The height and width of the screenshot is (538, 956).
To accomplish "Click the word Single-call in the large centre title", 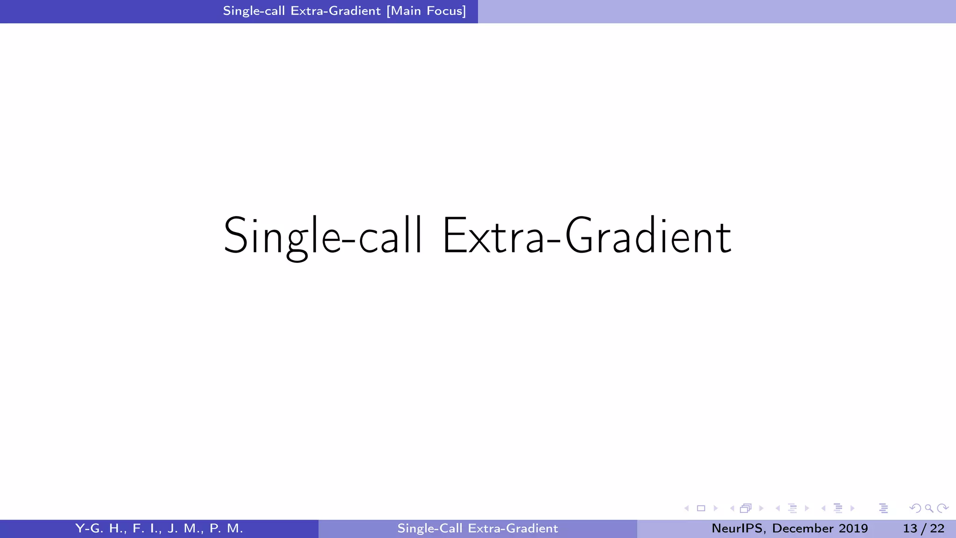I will point(323,236).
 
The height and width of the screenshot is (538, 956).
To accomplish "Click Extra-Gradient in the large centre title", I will point(586,236).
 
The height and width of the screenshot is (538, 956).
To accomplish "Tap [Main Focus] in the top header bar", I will point(426,11).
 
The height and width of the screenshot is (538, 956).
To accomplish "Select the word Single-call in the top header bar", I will point(254,11).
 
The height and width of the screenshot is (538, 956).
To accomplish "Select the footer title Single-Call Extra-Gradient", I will point(478,528).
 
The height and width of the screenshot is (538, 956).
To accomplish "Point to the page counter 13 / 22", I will point(923,528).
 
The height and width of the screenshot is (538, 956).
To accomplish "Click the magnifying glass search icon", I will point(929,508).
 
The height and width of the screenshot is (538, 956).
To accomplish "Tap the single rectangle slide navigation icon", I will point(701,508).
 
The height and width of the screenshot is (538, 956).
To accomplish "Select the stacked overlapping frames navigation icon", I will point(745,508).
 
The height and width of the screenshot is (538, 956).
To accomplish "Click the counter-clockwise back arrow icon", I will point(915,508).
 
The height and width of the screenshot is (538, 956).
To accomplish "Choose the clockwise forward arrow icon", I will point(943,508).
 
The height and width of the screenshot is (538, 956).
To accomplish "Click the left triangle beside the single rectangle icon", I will point(686,508).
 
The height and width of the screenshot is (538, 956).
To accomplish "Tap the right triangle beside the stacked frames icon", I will point(761,508).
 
